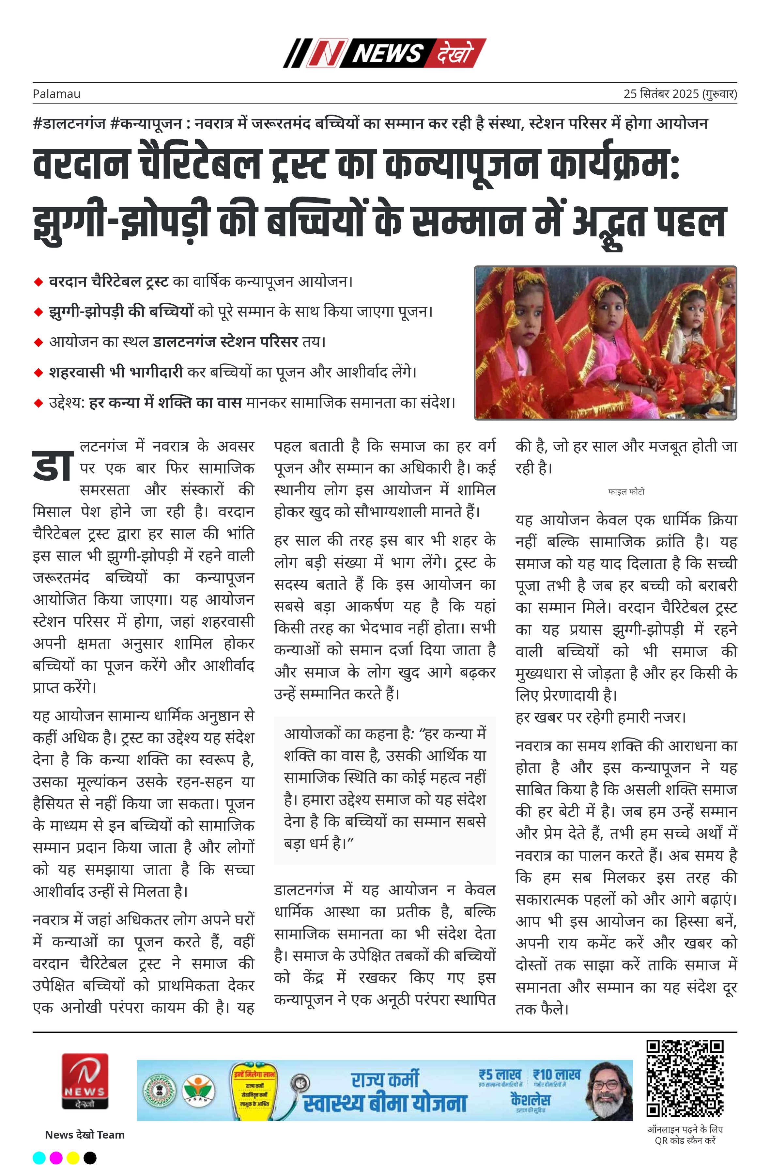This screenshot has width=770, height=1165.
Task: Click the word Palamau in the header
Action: pos(56,94)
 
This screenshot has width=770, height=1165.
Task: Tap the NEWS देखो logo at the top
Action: pos(384,53)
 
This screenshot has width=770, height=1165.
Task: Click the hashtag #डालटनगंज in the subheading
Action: pos(69,123)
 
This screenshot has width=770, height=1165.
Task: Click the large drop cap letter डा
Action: pos(53,466)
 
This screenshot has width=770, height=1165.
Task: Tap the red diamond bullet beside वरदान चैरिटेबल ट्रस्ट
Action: pos(38,282)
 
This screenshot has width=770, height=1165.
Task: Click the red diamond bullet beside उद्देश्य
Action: pos(38,403)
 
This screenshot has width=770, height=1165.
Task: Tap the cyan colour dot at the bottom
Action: pos(39,1157)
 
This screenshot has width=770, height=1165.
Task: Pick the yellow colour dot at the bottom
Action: pos(73,1157)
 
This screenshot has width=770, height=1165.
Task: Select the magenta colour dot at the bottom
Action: pos(56,1157)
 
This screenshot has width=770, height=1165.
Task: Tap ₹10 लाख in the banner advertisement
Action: pos(557,1075)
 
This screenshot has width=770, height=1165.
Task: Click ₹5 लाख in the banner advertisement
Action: pos(500,1075)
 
